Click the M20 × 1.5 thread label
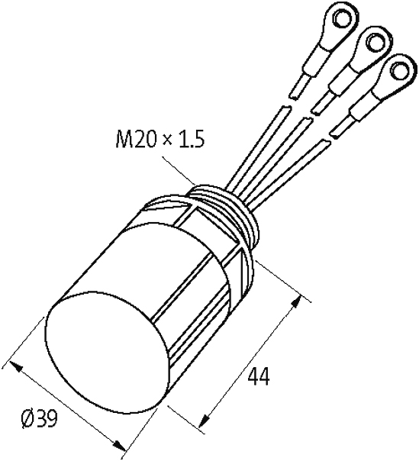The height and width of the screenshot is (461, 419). pos(160,139)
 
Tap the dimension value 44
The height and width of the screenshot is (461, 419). pos(259,376)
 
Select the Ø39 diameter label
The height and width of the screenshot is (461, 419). pos(40,418)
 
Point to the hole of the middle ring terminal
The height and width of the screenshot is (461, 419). pos(375,41)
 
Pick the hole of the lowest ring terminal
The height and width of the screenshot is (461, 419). pos(399,69)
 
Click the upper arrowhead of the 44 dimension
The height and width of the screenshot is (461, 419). pos(296,302)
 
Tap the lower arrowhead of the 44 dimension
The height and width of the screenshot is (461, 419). pos(205,419)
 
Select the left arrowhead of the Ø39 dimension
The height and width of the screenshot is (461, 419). pos(16,366)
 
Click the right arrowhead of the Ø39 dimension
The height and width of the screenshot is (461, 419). pos(120,445)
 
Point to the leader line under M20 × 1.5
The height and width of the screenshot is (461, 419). pos(179,171)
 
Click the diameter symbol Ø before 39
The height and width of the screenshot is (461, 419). pos(27,418)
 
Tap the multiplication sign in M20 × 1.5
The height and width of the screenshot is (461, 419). pos(167,140)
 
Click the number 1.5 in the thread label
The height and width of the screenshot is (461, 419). pos(191,139)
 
